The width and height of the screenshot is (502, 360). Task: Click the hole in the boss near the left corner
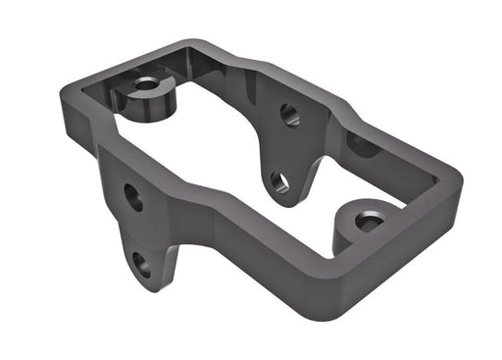pyautogui.click(x=147, y=84)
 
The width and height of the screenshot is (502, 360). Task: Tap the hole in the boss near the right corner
pyautogui.click(x=370, y=222)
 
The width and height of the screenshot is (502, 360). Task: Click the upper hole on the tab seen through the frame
pyautogui.click(x=290, y=115)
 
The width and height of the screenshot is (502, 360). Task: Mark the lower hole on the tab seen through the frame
pyautogui.click(x=280, y=181)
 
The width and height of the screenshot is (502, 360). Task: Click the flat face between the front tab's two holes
pyautogui.click(x=138, y=231)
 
